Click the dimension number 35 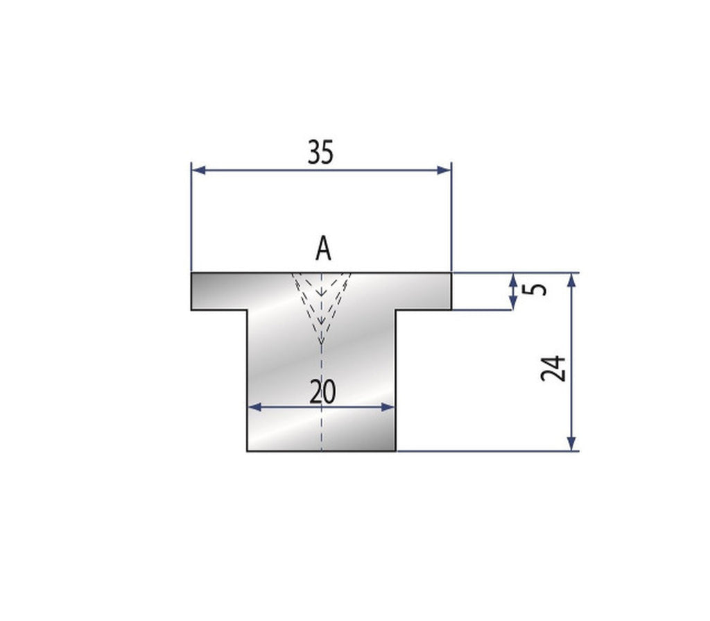320,153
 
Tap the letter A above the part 322,248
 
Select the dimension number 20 322,393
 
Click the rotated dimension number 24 554,368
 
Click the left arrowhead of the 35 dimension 196,169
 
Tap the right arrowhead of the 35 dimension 447,169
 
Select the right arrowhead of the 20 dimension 390,407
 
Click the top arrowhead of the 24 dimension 571,278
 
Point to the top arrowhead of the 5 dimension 513,278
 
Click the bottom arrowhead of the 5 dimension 513,304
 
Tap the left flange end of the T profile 192,291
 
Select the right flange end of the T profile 451,291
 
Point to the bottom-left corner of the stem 248,451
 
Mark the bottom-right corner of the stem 396,451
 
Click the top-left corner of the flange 191,273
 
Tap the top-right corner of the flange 452,273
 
